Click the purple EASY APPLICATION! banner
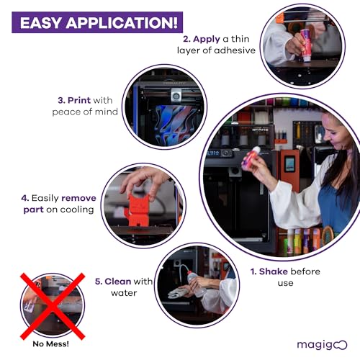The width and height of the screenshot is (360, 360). (x=96, y=22)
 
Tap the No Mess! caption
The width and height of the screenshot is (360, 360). (x=52, y=344)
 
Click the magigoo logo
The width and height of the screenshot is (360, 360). (x=322, y=344)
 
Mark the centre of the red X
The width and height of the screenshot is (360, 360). (x=52, y=305)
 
